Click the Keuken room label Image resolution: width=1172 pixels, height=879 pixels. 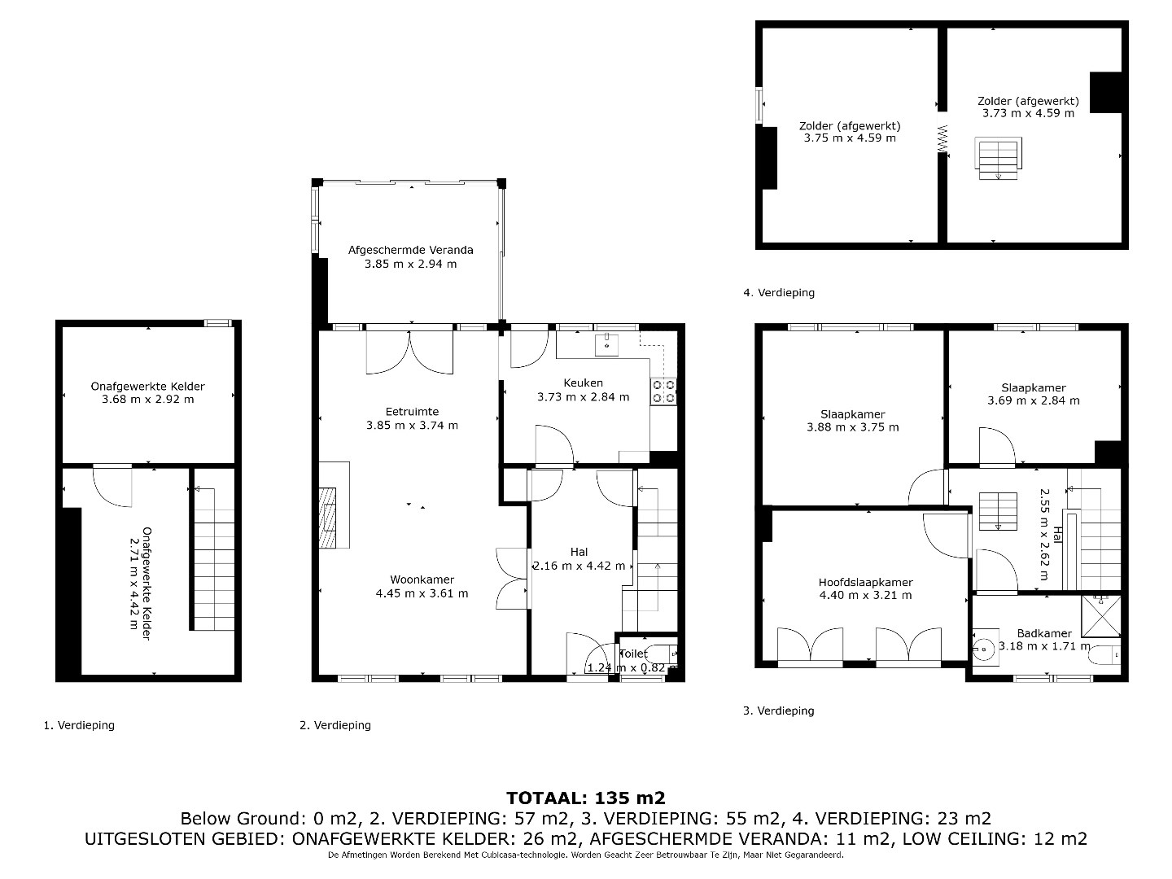[583, 383]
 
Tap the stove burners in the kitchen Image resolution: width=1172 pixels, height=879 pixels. [663, 391]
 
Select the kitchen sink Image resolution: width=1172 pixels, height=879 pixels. [606, 345]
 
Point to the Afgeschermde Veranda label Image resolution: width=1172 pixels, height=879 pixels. [410, 250]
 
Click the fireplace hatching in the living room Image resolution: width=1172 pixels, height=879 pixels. [328, 518]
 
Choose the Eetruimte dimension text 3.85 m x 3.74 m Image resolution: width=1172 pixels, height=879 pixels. [412, 426]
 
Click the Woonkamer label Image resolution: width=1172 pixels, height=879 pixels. [422, 579]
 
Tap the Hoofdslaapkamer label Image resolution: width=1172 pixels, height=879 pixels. [865, 583]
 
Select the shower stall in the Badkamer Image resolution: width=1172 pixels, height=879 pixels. [1101, 616]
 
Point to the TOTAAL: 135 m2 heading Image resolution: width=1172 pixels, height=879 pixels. [586, 798]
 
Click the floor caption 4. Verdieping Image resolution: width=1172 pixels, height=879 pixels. [779, 292]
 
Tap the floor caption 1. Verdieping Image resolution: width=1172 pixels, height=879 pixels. [79, 725]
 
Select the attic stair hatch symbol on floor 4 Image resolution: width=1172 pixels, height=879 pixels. [998, 158]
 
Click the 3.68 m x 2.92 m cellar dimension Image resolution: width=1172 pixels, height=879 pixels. [148, 399]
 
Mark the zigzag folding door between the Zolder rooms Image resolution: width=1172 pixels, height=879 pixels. [943, 140]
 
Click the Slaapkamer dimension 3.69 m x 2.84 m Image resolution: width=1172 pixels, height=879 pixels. [1033, 400]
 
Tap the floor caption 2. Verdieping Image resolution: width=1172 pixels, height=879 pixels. [335, 725]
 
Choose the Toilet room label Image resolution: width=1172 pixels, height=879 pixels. [633, 654]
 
